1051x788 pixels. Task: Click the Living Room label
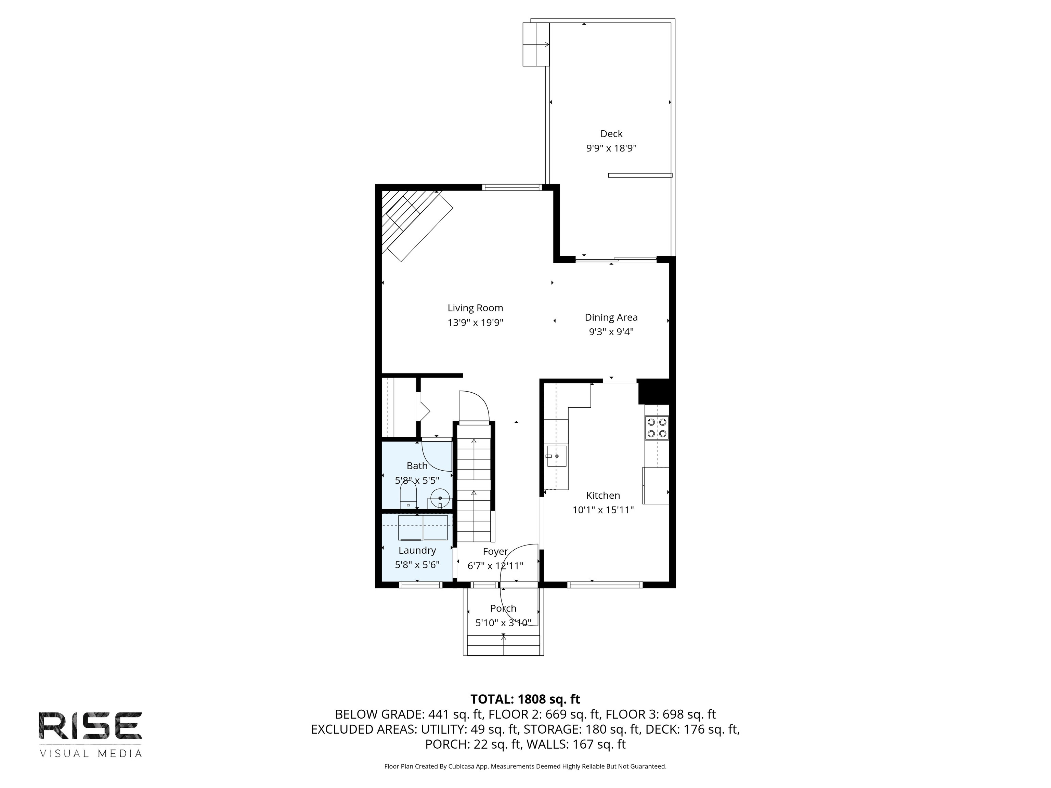[x=475, y=308]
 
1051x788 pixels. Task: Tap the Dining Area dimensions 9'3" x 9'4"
[x=611, y=331]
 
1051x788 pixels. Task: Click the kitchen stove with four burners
[x=657, y=428]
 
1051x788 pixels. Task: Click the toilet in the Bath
[x=408, y=495]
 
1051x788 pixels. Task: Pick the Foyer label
[x=496, y=551]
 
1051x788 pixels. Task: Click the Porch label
[x=503, y=608]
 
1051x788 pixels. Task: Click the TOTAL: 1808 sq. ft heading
[x=525, y=699]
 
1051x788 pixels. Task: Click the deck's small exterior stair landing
[x=536, y=44]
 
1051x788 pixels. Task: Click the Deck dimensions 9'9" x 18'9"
[x=611, y=148]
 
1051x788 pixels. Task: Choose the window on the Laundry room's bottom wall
[x=420, y=585]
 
